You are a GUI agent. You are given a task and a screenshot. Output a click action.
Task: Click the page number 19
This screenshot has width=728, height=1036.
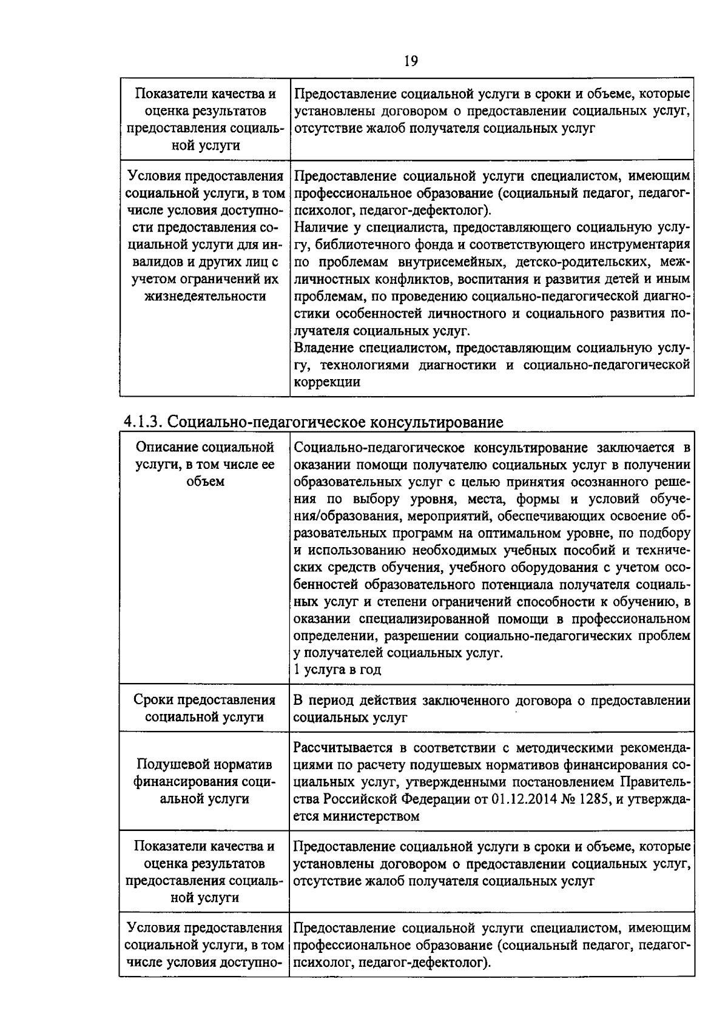coord(411,61)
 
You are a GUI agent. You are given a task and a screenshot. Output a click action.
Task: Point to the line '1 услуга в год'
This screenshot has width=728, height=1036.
coord(337,670)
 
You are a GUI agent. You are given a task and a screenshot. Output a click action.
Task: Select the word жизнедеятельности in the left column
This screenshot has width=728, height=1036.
coord(205,296)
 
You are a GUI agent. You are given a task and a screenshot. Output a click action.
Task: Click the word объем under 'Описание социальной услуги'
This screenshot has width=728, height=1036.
coord(205,482)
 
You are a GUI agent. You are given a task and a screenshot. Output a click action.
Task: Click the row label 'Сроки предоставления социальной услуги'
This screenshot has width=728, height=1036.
coord(205,708)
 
